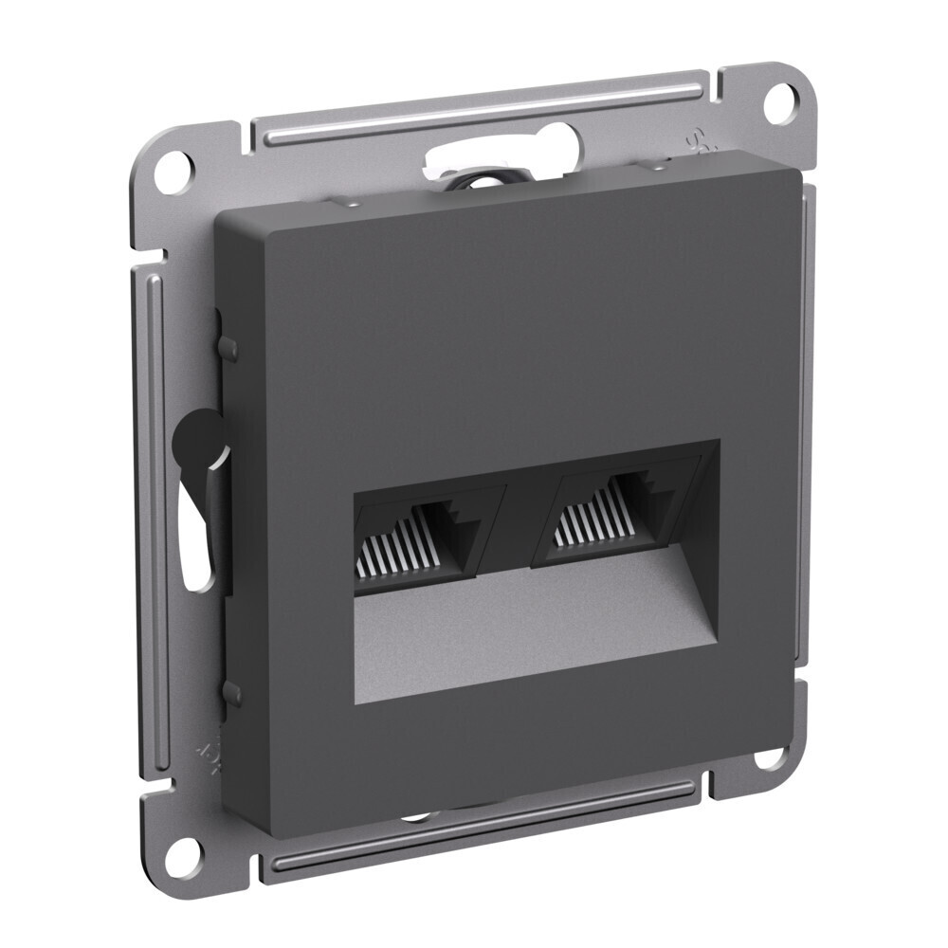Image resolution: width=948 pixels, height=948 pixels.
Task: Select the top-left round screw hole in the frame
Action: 171,169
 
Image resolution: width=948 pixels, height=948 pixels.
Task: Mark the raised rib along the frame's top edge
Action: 474,109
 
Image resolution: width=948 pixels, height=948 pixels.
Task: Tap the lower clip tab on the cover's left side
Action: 228,692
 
